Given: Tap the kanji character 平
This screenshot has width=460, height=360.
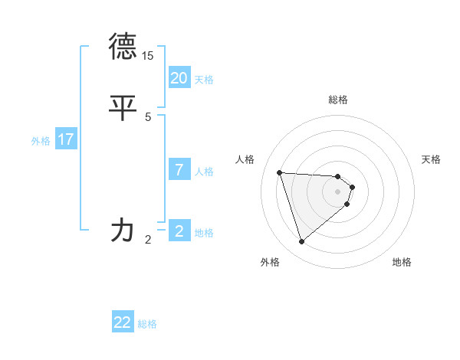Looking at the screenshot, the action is coord(123,107).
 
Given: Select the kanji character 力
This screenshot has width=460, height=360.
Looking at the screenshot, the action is coord(123,229).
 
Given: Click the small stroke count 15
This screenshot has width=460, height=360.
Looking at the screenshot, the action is coord(148,56).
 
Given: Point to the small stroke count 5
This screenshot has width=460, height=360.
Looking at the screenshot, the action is coord(148,116).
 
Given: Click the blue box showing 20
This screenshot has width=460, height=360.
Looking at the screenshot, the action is coord(179,78).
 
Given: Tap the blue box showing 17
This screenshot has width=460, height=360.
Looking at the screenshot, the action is coord(65,139).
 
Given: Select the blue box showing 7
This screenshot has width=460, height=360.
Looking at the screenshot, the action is coord(179,170).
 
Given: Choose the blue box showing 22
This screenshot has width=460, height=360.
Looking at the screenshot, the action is coord(123,322).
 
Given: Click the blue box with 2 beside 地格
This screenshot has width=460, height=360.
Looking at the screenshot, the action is coord(179,231).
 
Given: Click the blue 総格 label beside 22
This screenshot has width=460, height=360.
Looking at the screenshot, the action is coord(147,324).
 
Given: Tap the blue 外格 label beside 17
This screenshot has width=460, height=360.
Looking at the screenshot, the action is coord(41,141).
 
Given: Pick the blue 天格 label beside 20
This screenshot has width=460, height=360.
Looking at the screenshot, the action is coord(204,80).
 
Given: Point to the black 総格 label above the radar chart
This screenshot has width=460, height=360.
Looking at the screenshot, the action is coord(338,100).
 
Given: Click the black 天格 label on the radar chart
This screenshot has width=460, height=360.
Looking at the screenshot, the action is coord(432,159).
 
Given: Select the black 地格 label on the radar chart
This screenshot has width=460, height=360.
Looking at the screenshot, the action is coord(402,262).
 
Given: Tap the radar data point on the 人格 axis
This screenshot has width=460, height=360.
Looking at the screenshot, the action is coord(280,172).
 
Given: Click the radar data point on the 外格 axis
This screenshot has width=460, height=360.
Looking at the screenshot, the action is coord(302,242).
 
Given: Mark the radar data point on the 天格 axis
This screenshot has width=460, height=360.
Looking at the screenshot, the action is coord(352,187).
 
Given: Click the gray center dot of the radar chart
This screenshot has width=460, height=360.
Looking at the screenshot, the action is coord(338,191).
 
